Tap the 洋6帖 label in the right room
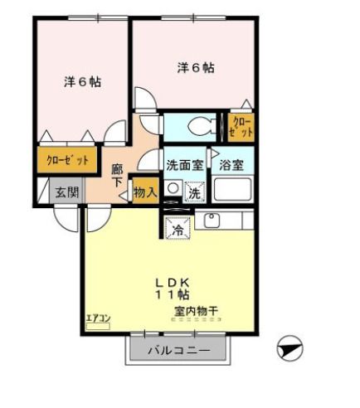click(195, 68)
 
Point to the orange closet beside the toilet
click(241, 127)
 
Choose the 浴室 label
click(231, 164)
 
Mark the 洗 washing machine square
click(193, 192)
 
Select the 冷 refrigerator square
click(177, 230)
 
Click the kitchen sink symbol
click(211, 221)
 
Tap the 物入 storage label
click(145, 192)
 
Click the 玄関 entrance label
click(66, 192)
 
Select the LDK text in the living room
click(172, 280)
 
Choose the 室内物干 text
click(197, 311)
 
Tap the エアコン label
click(98, 318)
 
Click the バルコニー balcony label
click(178, 351)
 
